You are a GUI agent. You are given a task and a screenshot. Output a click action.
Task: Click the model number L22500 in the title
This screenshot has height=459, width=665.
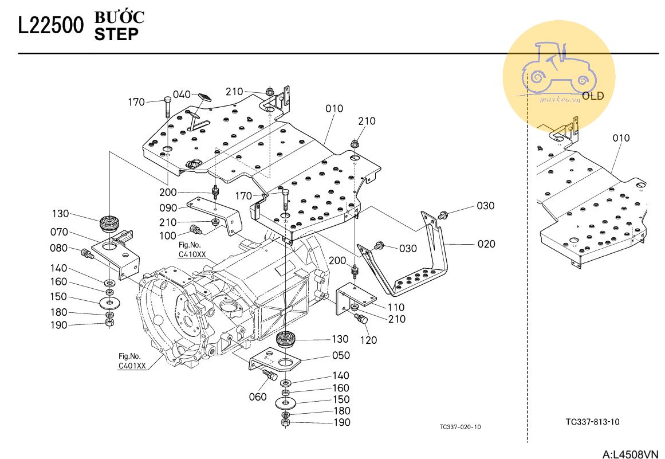51,26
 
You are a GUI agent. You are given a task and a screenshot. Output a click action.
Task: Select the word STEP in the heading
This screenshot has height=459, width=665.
116,34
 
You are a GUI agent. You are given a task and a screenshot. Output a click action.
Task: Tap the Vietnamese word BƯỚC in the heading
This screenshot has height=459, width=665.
119,18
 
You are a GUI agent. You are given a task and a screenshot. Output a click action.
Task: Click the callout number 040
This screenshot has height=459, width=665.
182,95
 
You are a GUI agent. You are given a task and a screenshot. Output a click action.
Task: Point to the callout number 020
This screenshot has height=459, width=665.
486,244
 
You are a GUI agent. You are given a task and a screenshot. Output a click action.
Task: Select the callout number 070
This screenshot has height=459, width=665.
59,232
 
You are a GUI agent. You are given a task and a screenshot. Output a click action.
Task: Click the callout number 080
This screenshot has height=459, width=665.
59,249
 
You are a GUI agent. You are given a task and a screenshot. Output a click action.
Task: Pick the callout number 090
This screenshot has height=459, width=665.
168,208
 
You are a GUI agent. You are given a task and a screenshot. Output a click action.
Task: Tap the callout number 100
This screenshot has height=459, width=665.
168,236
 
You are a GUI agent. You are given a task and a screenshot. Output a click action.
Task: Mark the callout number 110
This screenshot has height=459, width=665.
395,308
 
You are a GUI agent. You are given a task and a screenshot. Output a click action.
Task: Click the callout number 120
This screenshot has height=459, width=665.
368,340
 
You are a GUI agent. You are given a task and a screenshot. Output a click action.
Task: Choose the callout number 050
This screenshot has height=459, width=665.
341,356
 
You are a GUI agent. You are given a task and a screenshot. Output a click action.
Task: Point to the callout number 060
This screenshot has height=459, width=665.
258,397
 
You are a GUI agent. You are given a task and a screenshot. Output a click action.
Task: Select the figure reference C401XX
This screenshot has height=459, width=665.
132,366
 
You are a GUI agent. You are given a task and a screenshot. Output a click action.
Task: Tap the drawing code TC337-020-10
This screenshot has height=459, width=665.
460,427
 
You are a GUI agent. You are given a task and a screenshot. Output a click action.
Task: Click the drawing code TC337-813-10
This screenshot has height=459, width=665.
592,422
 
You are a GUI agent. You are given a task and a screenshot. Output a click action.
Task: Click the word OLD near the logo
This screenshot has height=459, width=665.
593,96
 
